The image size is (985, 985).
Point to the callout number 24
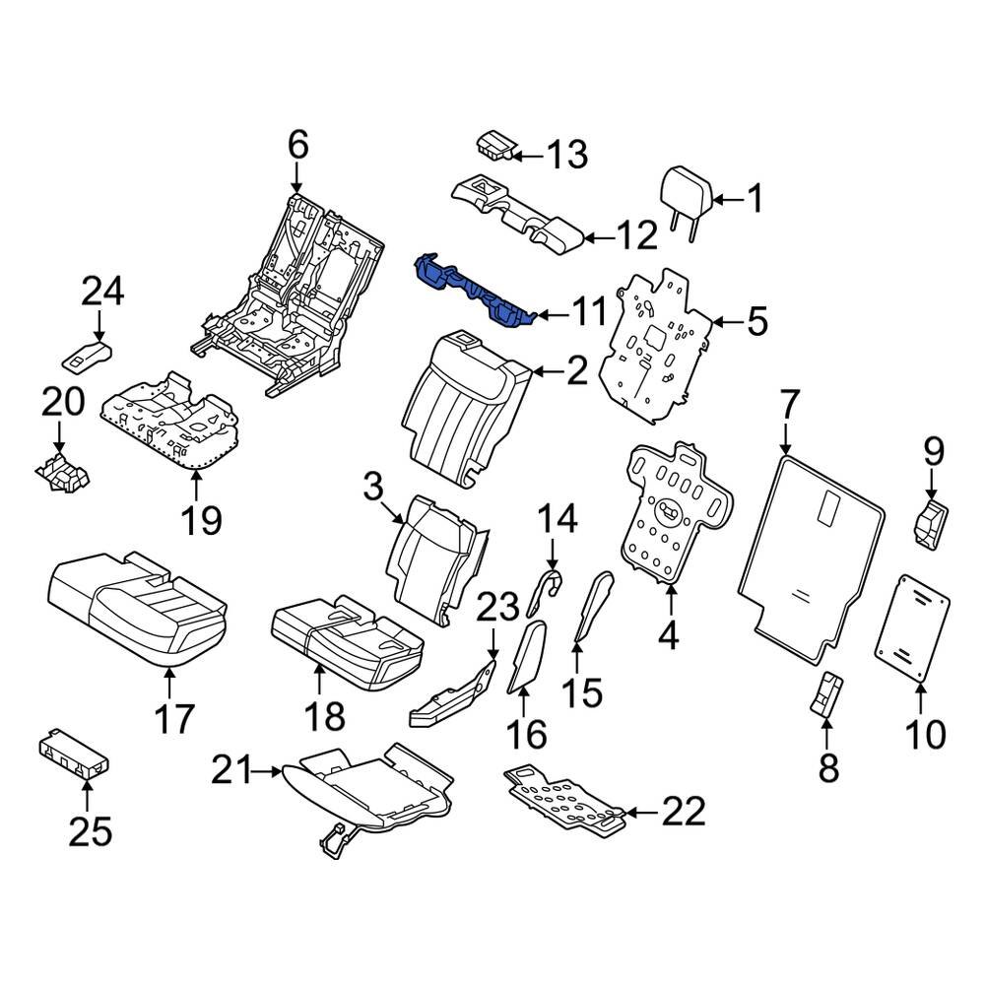pyautogui.click(x=103, y=291)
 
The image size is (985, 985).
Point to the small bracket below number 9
pyautogui.click(x=930, y=523)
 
